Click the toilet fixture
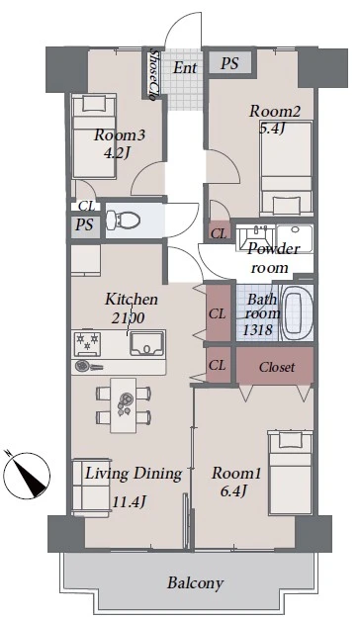click(x=123, y=220)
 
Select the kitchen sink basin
click(x=147, y=343)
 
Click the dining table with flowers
click(x=124, y=404)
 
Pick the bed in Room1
click(x=291, y=473)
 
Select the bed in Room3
click(x=94, y=135)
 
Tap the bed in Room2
click(x=286, y=169)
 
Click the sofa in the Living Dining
click(x=91, y=487)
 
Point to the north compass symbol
click(x=27, y=474)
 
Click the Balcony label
click(x=195, y=582)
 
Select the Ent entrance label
click(x=185, y=67)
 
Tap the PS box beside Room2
click(x=229, y=62)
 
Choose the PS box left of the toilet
click(x=85, y=225)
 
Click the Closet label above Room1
click(x=277, y=367)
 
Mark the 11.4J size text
click(x=130, y=502)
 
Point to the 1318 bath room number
click(x=257, y=329)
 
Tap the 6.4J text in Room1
click(x=233, y=491)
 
